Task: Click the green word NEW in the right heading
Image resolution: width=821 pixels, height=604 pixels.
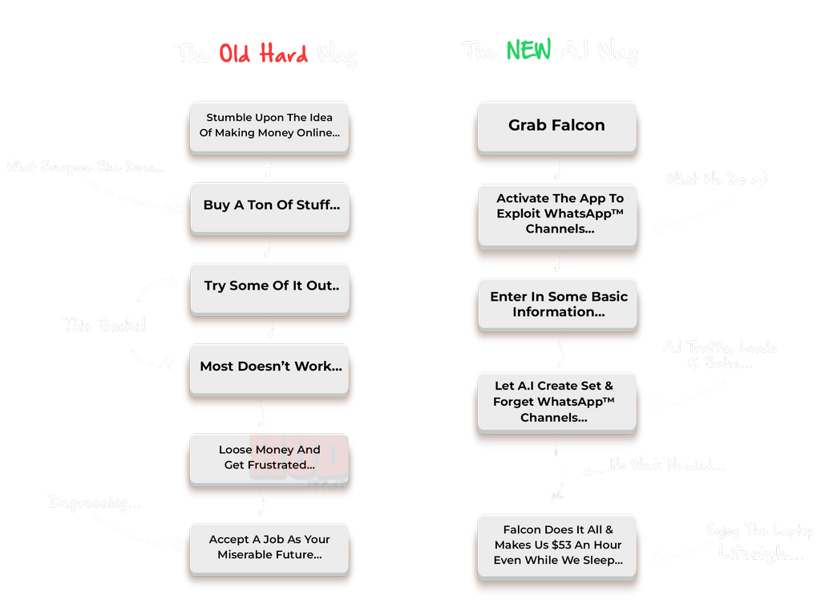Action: (528, 51)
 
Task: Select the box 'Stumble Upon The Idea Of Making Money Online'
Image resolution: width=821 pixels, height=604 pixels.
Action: (269, 125)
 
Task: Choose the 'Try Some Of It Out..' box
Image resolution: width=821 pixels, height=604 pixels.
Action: (271, 286)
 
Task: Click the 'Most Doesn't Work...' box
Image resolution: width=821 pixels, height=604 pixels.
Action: (270, 367)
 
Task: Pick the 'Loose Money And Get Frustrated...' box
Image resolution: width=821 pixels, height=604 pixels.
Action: (269, 457)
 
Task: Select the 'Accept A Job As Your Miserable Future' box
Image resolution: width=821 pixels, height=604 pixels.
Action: (269, 547)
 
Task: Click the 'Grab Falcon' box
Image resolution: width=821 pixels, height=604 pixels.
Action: (556, 126)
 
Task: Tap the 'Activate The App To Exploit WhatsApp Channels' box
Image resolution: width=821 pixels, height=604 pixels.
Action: (560, 213)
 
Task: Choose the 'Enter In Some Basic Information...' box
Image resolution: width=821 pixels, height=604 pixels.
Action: (559, 304)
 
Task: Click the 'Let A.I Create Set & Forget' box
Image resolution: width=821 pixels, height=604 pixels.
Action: (554, 402)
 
